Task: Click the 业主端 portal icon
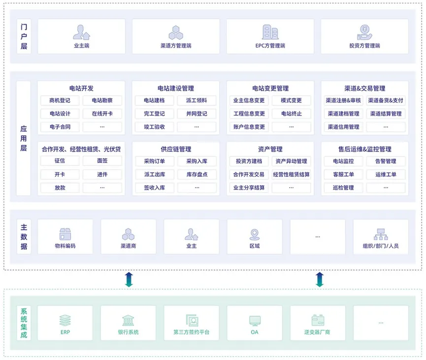click(81, 33)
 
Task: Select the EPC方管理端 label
click(270, 46)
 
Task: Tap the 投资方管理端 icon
click(364, 33)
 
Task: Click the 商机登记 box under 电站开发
click(60, 100)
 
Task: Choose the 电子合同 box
click(60, 127)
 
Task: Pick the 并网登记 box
click(197, 114)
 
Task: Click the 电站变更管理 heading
click(270, 89)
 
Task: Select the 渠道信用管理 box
click(344, 127)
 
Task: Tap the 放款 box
click(60, 188)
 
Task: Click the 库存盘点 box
click(197, 174)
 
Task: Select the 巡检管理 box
click(344, 188)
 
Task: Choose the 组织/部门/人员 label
click(381, 246)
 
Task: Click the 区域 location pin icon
click(255, 234)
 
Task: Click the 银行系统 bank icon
click(129, 320)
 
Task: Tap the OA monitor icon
click(255, 320)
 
